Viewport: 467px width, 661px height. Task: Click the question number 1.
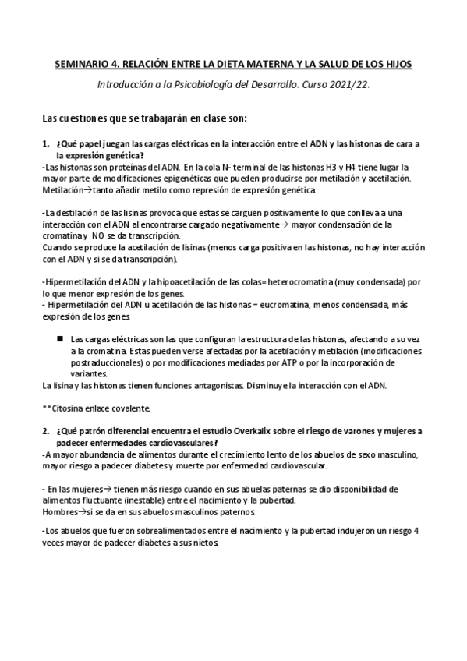[45, 144]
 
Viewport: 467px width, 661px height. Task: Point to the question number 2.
[45, 430]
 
